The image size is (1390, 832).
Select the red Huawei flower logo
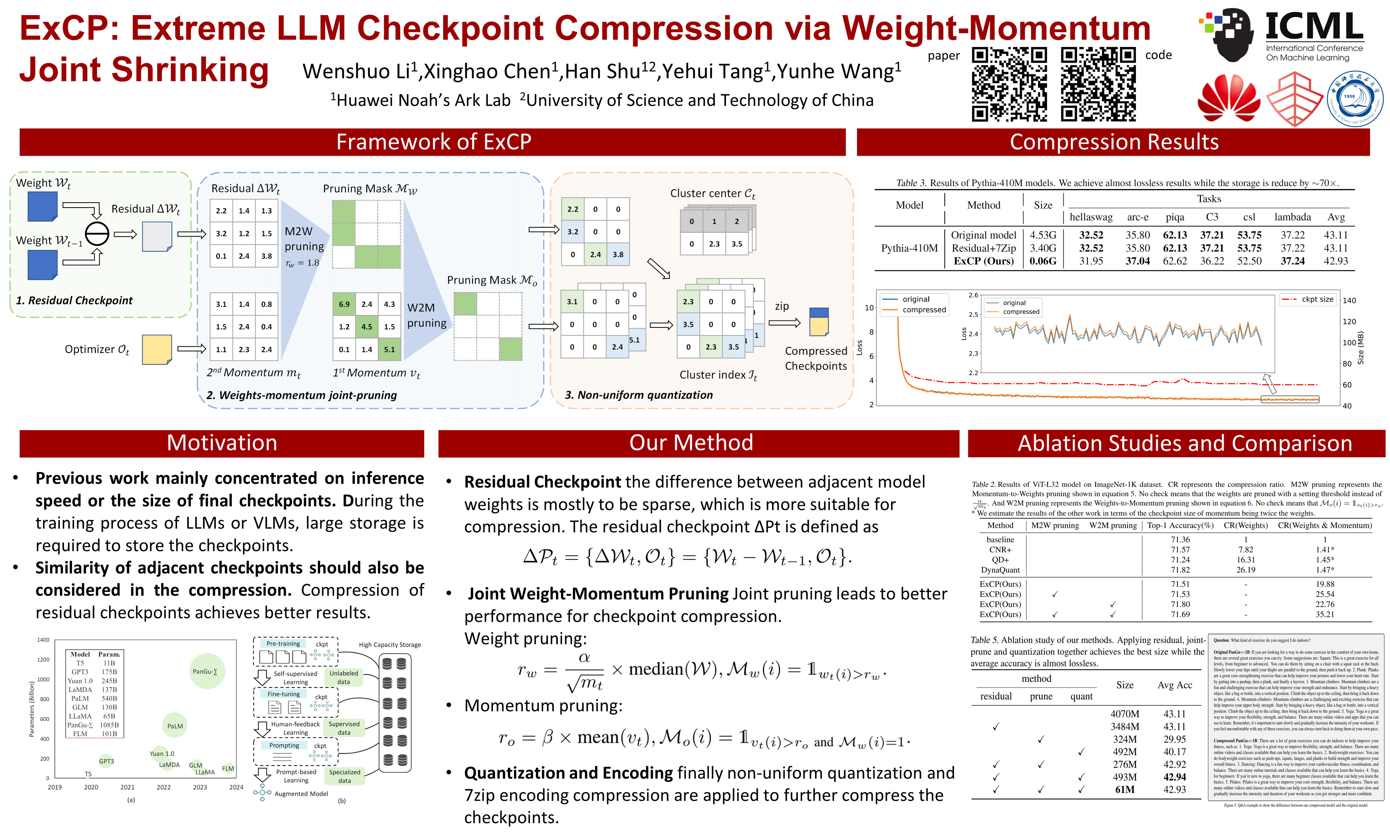(x=1228, y=100)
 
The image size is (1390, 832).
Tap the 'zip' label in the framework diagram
(x=782, y=306)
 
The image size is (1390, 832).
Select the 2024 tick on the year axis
(x=236, y=787)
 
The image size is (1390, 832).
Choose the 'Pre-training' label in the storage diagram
(x=283, y=644)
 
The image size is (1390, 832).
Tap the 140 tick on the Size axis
(x=1349, y=300)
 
